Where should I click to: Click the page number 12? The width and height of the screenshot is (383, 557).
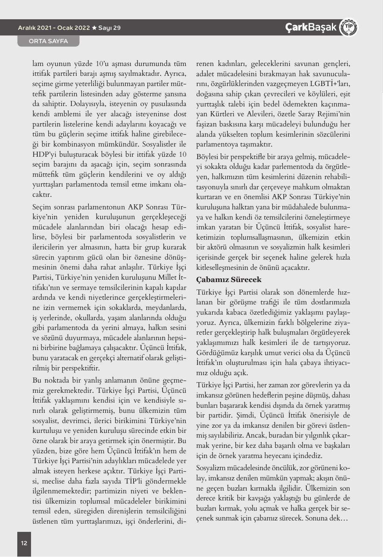[24, 543]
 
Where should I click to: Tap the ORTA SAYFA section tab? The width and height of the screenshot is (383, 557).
[48, 41]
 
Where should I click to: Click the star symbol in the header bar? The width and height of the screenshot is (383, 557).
[94, 28]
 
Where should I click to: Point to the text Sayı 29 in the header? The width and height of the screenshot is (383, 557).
[110, 28]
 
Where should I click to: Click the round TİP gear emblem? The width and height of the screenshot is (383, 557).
[348, 27]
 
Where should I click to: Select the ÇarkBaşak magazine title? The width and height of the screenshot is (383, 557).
[311, 27]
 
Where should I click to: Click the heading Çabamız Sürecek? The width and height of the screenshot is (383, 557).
[229, 280]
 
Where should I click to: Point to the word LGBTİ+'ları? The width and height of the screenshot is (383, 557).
[330, 84]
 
